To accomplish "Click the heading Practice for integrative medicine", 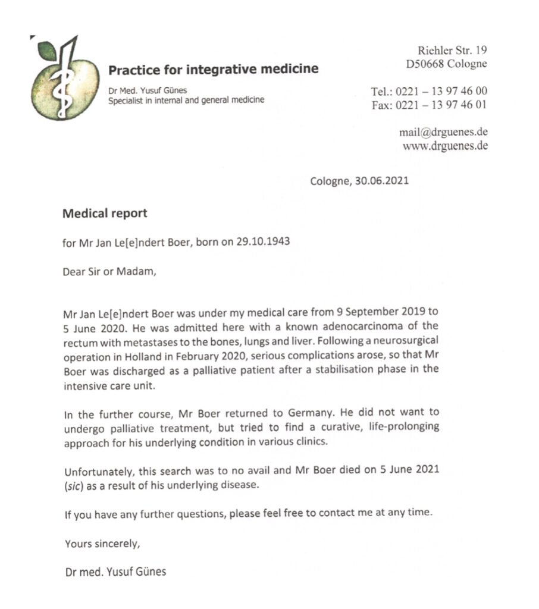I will coord(213,70).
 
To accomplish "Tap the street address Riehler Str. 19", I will coord(452,51).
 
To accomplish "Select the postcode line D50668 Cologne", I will coord(446,64).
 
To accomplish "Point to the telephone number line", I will coord(429,91).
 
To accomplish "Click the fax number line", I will coord(429,105).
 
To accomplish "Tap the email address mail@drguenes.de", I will coord(443,133).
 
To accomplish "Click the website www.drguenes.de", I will coord(445,146).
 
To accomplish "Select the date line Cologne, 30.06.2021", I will coord(359,181).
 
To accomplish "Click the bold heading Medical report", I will coord(105,213).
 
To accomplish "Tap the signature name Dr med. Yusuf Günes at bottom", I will coord(115,572).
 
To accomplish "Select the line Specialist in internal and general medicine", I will coord(186,101).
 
